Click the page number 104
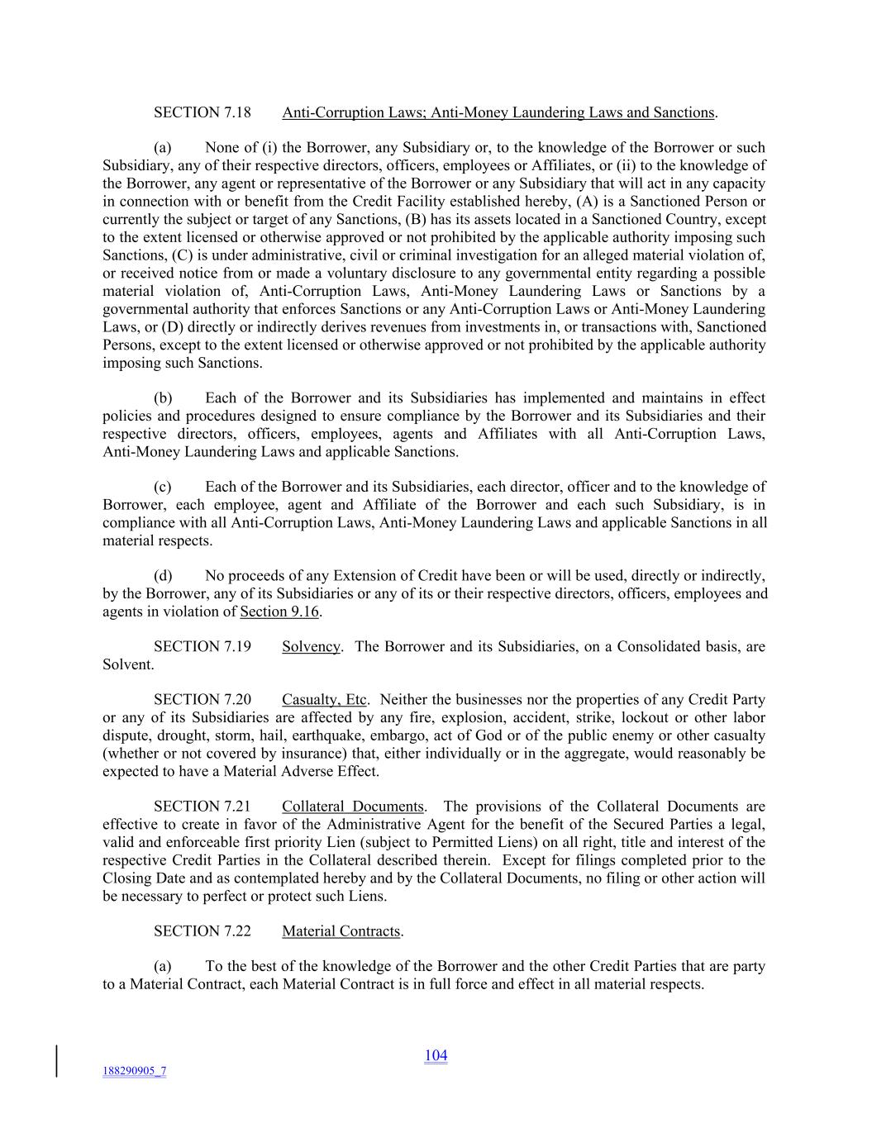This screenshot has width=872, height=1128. (436, 1055)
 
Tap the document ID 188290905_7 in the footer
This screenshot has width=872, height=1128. (134, 1071)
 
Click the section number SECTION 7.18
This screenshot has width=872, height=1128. (202, 112)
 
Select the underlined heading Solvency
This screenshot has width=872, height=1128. (311, 646)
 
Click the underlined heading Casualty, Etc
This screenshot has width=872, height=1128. (325, 700)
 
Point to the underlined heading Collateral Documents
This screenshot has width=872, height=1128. (353, 807)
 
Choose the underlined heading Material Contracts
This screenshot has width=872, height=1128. (341, 931)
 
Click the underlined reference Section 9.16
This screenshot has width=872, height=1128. (279, 612)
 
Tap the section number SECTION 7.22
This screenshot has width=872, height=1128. (202, 931)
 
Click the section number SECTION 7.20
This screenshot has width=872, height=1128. (202, 700)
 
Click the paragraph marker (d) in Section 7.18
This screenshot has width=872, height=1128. (163, 576)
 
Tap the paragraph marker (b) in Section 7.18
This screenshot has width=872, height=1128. (163, 398)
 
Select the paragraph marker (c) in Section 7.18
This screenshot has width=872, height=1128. (163, 487)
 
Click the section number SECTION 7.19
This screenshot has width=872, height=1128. (202, 646)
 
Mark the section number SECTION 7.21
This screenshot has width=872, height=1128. (202, 807)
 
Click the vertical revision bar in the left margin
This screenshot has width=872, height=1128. (57, 1061)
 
